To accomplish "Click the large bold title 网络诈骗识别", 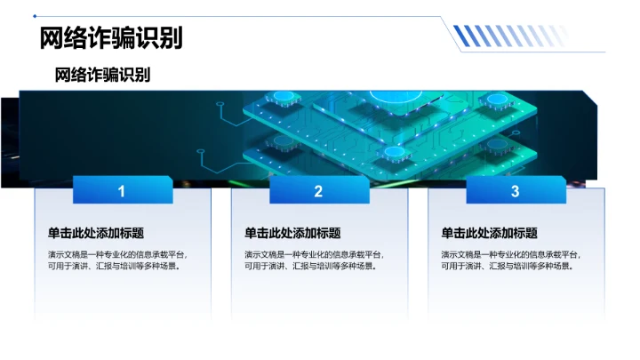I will point(111,38).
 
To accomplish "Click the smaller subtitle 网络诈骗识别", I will point(102,75).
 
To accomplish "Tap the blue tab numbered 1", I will point(122,191).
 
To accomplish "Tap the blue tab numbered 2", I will point(318,191).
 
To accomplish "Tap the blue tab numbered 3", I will point(515,191).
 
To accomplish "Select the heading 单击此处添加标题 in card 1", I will point(96,233).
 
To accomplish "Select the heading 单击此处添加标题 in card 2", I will point(292,233).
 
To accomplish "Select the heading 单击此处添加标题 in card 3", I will point(489,233).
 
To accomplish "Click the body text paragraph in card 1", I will point(117,260).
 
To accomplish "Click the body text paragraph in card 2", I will point(314,260).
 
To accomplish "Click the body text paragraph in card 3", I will point(510,260).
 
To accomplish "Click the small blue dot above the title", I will point(35,15).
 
